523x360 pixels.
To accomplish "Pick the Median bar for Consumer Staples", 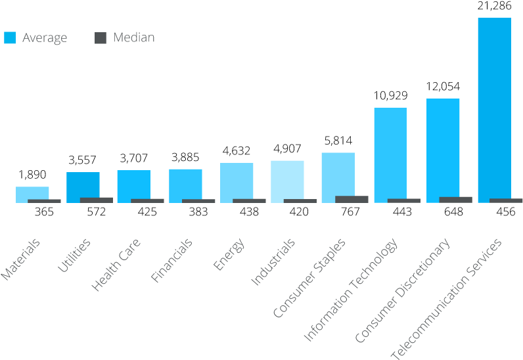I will point(352,199).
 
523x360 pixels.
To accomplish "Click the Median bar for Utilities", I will point(97,200).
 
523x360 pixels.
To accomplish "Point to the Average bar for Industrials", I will point(287,179).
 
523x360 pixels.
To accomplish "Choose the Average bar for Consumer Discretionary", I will point(443,148).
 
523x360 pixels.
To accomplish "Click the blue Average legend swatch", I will point(10,38).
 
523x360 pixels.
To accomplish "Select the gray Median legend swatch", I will point(101,38).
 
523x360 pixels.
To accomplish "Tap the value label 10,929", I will point(390,96).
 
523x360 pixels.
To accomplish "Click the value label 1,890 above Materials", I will point(32,175).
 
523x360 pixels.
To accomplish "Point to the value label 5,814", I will point(338,141).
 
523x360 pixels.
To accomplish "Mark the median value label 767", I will point(350,212).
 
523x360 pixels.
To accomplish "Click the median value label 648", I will point(453,212).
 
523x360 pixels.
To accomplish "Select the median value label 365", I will point(43,212).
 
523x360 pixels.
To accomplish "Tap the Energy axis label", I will point(229,254).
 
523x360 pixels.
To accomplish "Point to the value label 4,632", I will point(237,151).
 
